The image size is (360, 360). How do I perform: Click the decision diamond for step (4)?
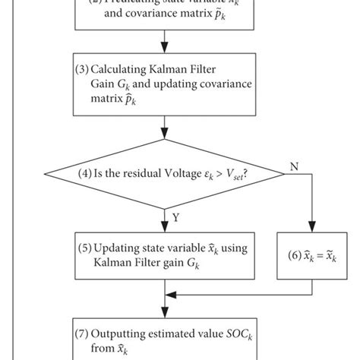pos(165,172)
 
